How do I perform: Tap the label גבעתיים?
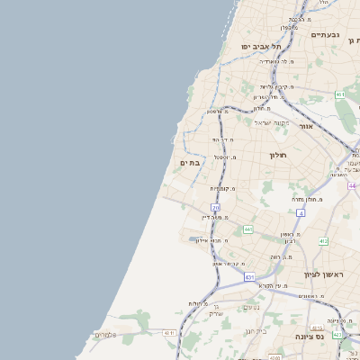(x=325, y=34)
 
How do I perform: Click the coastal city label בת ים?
(x=190, y=163)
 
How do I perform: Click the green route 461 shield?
(x=339, y=94)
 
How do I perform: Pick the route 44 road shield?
(x=352, y=185)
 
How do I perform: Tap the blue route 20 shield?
(x=216, y=208)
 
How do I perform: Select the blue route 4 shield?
(x=301, y=213)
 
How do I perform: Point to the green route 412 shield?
(x=323, y=241)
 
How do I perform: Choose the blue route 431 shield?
(x=248, y=276)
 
